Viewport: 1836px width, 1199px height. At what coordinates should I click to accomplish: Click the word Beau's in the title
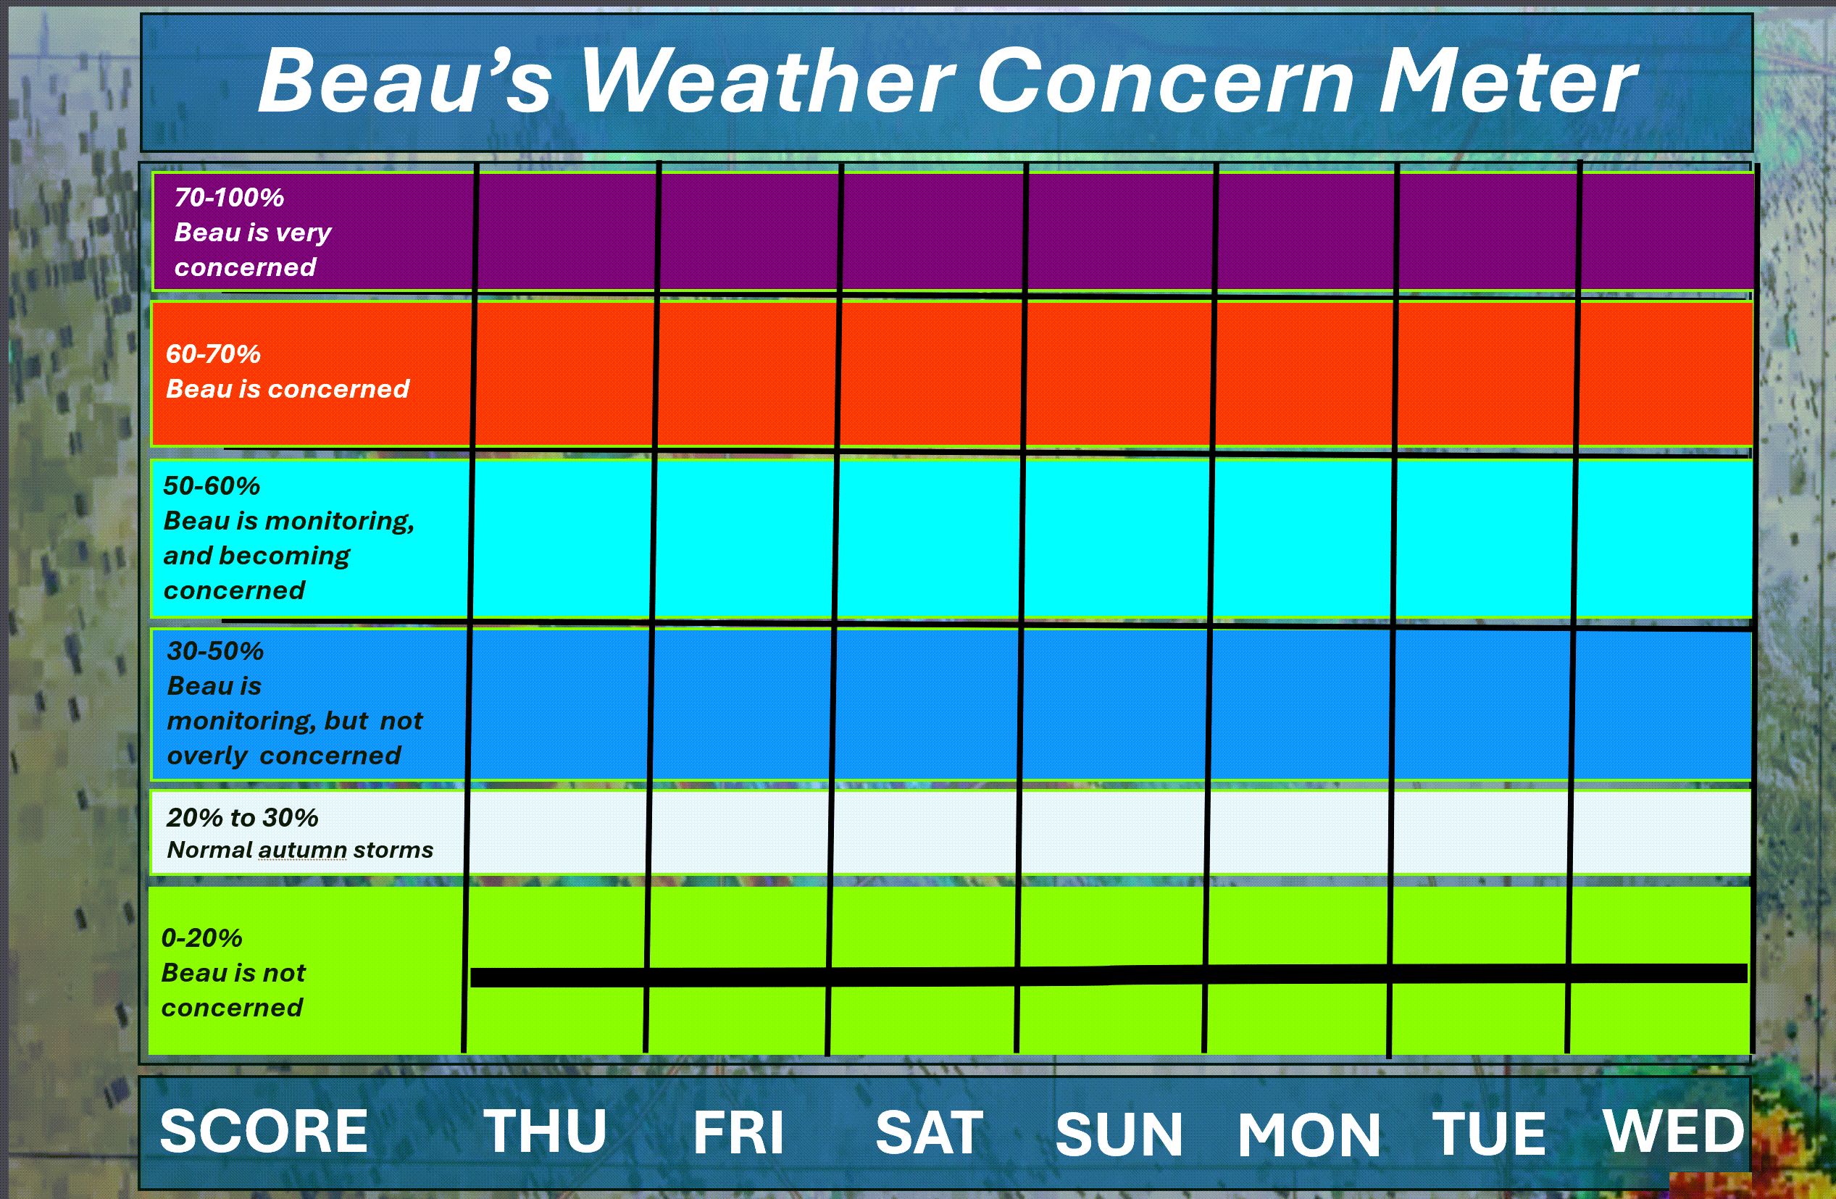coord(405,80)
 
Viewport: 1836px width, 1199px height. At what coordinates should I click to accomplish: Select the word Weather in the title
coord(767,80)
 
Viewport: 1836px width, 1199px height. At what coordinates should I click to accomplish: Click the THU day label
coord(546,1131)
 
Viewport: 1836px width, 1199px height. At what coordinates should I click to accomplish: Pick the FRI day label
coord(738,1132)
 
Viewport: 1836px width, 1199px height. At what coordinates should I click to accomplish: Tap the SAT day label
coord(929,1132)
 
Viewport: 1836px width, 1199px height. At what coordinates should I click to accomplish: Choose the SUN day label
coord(1119,1135)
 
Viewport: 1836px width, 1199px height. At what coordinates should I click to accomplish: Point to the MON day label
coord(1309,1135)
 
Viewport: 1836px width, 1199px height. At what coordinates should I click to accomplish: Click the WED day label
coord(1674,1130)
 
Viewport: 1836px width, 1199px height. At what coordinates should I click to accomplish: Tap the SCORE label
coord(264,1131)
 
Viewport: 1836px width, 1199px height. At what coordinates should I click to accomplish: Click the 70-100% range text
coord(229,198)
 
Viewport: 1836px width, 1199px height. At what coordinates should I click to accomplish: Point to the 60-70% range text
coord(213,354)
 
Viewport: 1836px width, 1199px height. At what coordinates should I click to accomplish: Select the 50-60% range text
coord(212,486)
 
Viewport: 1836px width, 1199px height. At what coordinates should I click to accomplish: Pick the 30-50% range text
coord(215,651)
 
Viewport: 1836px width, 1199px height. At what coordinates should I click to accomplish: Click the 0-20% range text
coord(201,938)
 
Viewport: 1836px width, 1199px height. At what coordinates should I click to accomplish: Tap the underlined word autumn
coord(302,851)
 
